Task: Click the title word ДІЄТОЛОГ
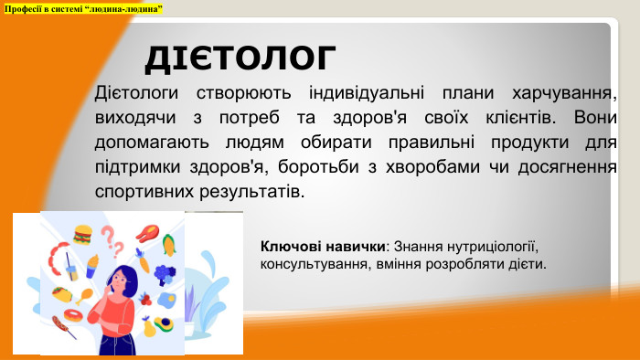coord(240,57)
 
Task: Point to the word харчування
coord(560,94)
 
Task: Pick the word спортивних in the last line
coord(139,193)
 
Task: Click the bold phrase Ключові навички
coord(322,247)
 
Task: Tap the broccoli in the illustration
coord(165,271)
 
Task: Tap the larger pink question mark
coord(108,235)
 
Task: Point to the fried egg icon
coord(166,299)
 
